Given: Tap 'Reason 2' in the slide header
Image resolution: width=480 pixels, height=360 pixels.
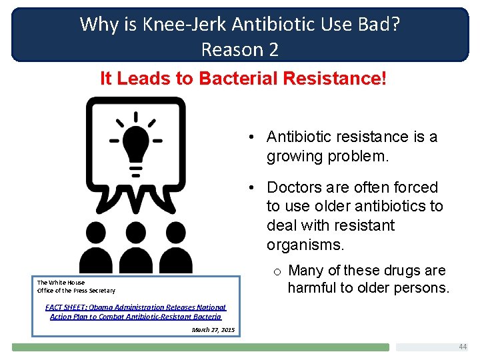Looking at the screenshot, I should pos(240,49).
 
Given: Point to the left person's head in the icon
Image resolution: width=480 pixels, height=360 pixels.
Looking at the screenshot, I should pos(96,233).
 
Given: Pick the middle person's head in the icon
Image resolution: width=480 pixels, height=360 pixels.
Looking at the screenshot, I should pos(135,233).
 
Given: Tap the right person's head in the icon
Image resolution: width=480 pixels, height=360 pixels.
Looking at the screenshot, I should pos(175,233).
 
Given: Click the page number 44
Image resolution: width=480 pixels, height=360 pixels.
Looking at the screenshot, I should pos(463,347).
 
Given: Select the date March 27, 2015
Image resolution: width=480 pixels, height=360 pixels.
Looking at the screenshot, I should pos(213,330).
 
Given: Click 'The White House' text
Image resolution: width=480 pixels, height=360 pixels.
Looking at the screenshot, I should pos(61,283).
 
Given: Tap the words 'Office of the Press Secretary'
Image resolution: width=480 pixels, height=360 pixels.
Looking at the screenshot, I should pos(76,291).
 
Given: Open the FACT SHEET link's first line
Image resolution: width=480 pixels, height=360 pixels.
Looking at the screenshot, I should pos(136,307).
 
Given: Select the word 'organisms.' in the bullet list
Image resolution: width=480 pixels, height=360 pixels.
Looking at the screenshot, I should pos(305,245).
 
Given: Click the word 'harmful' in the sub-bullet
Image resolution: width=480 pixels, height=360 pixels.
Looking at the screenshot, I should pos(310,288).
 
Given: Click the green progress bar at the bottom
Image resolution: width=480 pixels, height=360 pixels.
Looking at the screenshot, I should pos(200,347).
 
